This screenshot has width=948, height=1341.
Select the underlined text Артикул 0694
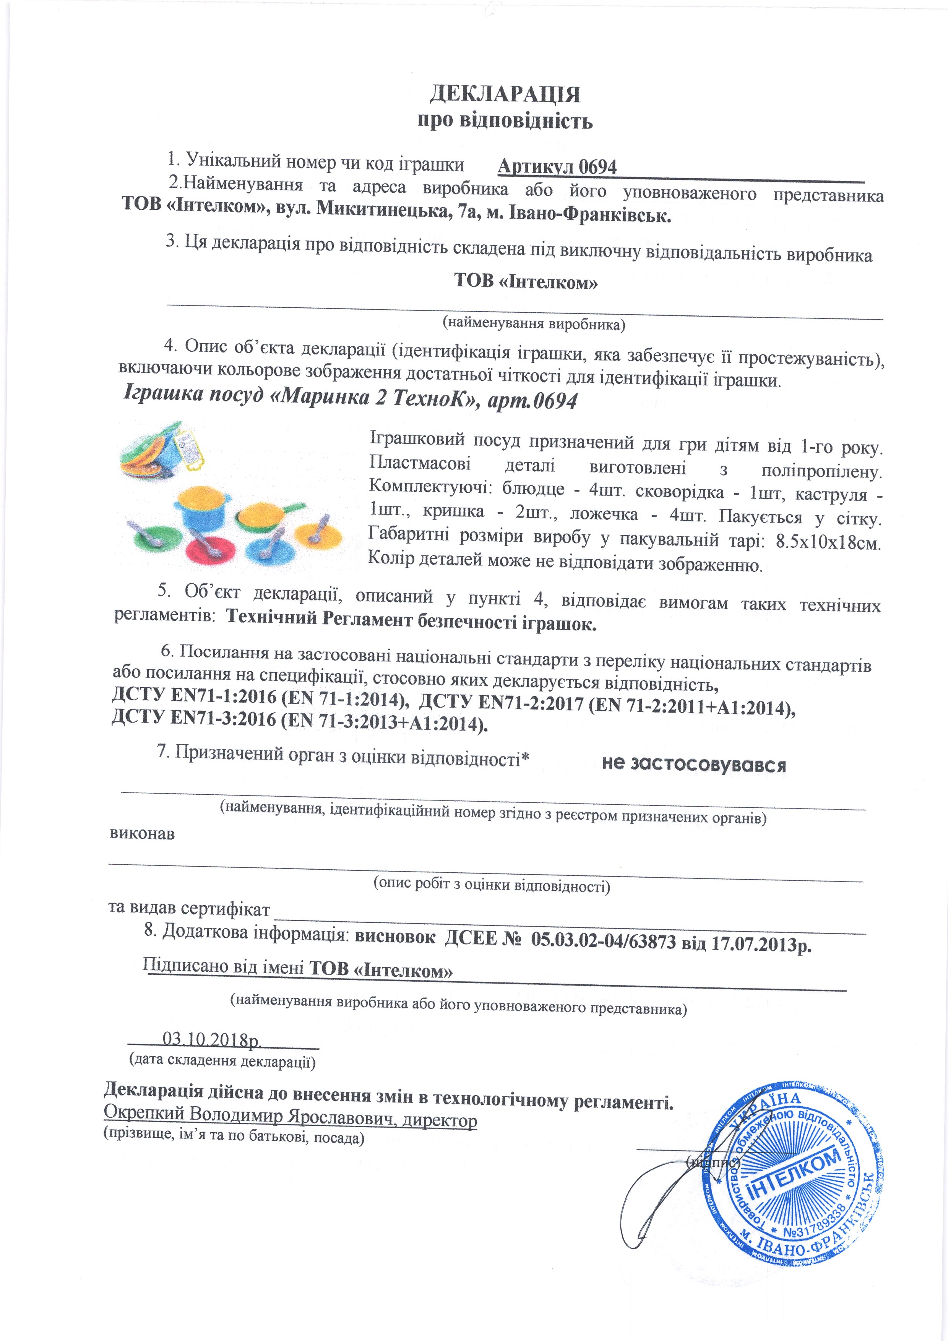tap(557, 167)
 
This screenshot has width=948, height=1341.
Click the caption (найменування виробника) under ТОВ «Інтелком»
tap(533, 323)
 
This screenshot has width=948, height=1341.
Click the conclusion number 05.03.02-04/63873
tap(603, 941)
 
